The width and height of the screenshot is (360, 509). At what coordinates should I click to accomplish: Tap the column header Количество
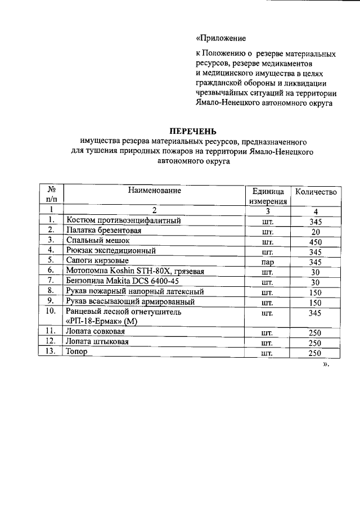click(x=316, y=192)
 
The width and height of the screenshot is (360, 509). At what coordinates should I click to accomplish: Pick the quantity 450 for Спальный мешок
click(x=315, y=241)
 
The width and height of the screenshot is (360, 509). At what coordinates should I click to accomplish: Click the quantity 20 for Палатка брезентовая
click(x=315, y=231)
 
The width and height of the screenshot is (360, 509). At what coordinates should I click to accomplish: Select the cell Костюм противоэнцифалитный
click(x=123, y=221)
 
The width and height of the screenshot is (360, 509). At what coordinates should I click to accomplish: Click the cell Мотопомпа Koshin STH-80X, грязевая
click(x=134, y=272)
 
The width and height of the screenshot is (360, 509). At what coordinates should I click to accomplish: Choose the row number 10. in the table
click(x=51, y=311)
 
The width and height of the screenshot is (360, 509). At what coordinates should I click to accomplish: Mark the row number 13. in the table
click(x=51, y=352)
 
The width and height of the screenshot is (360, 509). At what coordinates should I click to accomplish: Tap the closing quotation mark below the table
click(x=325, y=364)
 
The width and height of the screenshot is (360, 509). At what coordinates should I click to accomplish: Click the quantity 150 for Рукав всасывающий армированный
click(x=315, y=302)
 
